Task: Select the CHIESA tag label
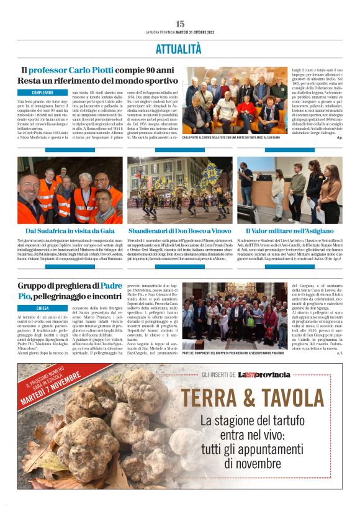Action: click(43, 308)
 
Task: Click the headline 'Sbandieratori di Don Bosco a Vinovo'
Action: click(180, 230)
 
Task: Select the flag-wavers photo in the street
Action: click(179, 190)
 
